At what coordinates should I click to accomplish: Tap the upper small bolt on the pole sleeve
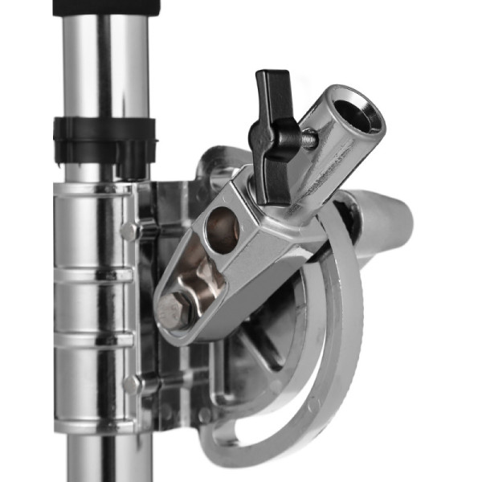pyautogui.click(x=129, y=231)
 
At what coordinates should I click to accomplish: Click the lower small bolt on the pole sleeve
pyautogui.click(x=130, y=384)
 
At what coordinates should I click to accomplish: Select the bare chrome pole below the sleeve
pyautogui.click(x=104, y=458)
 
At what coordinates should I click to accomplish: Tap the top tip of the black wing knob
pyautogui.click(x=265, y=76)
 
